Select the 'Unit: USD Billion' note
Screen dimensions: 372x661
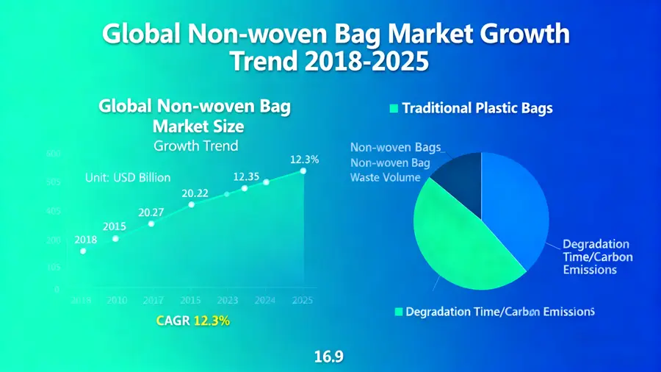(x=128, y=177)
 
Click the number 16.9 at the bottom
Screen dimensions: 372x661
(x=329, y=357)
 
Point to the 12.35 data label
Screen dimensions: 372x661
(x=246, y=176)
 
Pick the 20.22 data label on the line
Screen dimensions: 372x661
(x=195, y=193)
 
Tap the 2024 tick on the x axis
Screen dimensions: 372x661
(x=264, y=300)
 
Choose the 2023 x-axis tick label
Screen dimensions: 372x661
(x=227, y=300)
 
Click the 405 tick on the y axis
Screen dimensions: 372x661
(x=32, y=211)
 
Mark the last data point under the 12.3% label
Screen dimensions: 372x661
(x=303, y=171)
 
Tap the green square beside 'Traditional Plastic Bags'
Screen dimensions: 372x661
(x=393, y=109)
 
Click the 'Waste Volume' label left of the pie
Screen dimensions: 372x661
(x=386, y=177)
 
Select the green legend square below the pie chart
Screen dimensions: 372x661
(x=399, y=312)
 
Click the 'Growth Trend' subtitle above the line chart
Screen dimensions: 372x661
(x=195, y=146)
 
